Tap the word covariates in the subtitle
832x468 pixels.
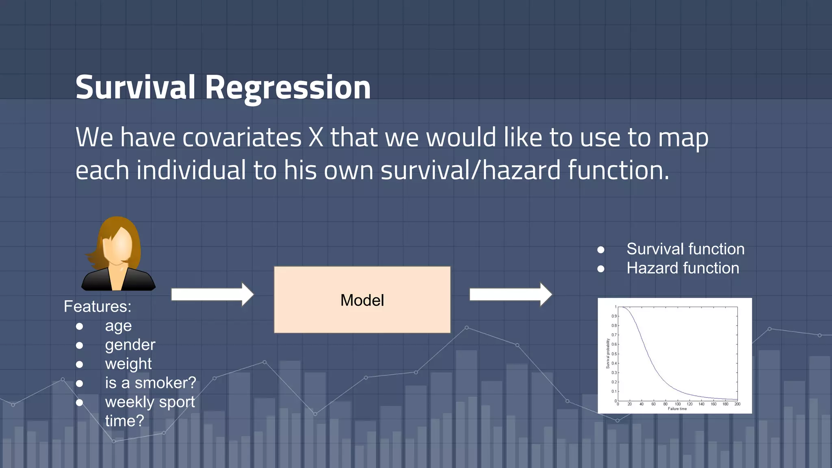point(242,137)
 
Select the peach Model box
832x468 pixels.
point(362,300)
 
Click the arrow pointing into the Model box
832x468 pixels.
point(212,294)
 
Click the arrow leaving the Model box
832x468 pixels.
point(510,294)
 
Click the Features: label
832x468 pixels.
point(97,306)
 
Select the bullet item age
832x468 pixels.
point(118,326)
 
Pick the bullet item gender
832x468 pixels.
point(130,345)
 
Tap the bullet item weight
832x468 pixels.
point(128,364)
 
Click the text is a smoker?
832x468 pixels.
point(150,383)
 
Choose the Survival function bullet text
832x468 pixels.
point(685,249)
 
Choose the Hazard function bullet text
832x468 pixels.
point(682,268)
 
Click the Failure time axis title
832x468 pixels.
point(677,409)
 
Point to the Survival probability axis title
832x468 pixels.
point(608,353)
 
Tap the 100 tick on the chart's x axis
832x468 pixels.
point(678,404)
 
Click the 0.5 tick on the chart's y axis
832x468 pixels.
point(614,354)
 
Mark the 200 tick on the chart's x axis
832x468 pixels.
point(737,404)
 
